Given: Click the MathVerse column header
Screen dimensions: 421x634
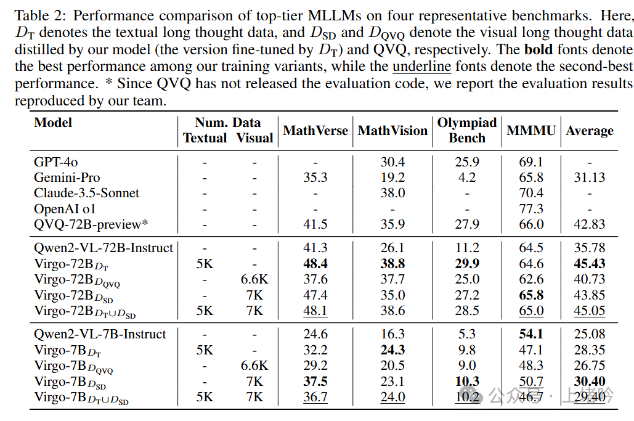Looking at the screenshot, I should click(x=315, y=131).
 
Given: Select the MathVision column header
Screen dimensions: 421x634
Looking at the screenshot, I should click(x=392, y=131).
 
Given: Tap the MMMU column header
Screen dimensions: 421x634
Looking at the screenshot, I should click(x=531, y=131).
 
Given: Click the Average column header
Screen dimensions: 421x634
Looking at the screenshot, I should click(x=590, y=131).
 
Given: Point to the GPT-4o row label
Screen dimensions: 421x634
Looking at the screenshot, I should click(x=56, y=162).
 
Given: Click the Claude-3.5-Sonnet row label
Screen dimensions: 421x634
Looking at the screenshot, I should click(x=87, y=193).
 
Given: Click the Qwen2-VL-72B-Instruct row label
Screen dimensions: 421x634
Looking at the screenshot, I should click(x=104, y=248).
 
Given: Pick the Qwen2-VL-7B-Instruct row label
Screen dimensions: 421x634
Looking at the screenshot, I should click(x=100, y=334).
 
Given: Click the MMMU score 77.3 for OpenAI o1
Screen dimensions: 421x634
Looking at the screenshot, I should click(x=531, y=209).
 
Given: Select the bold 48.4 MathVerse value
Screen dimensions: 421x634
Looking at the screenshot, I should click(x=315, y=264).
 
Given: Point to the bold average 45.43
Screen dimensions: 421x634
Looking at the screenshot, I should click(x=590, y=264).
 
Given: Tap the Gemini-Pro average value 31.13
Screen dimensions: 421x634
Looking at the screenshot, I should click(x=590, y=178).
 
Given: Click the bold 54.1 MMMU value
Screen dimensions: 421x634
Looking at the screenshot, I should click(x=531, y=334).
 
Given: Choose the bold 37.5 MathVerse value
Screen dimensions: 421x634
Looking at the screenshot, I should click(x=315, y=382).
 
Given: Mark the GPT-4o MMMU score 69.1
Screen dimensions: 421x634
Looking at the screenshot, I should click(x=531, y=162).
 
